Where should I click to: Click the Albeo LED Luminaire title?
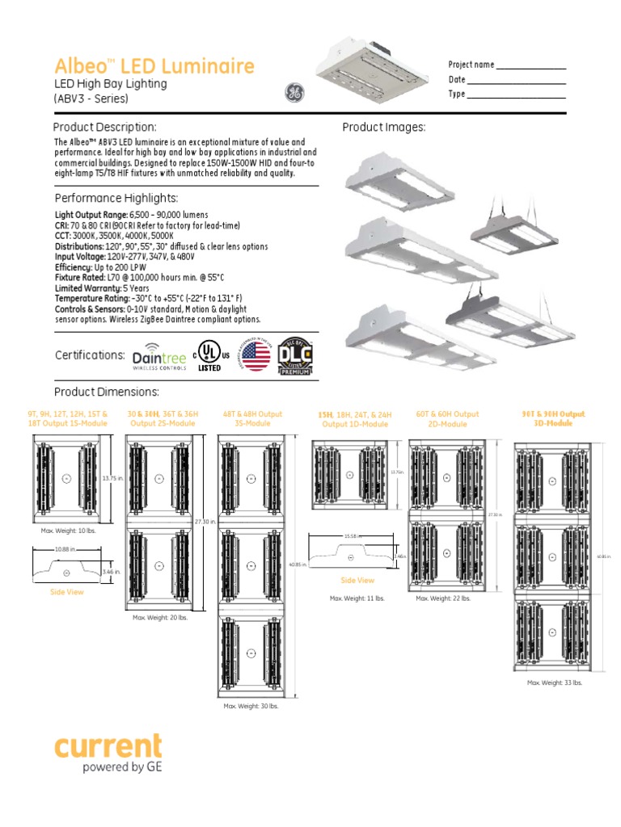[154, 66]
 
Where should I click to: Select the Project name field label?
[471, 65]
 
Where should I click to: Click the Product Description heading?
[104, 128]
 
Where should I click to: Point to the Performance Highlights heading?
[116, 198]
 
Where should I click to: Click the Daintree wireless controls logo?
[158, 355]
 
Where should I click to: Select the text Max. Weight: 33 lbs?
[555, 682]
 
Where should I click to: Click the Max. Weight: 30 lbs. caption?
[251, 706]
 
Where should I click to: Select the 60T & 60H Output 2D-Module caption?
[447, 419]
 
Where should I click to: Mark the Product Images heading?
[383, 128]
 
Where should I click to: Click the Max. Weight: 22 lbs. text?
[443, 598]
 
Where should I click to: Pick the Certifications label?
[90, 355]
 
